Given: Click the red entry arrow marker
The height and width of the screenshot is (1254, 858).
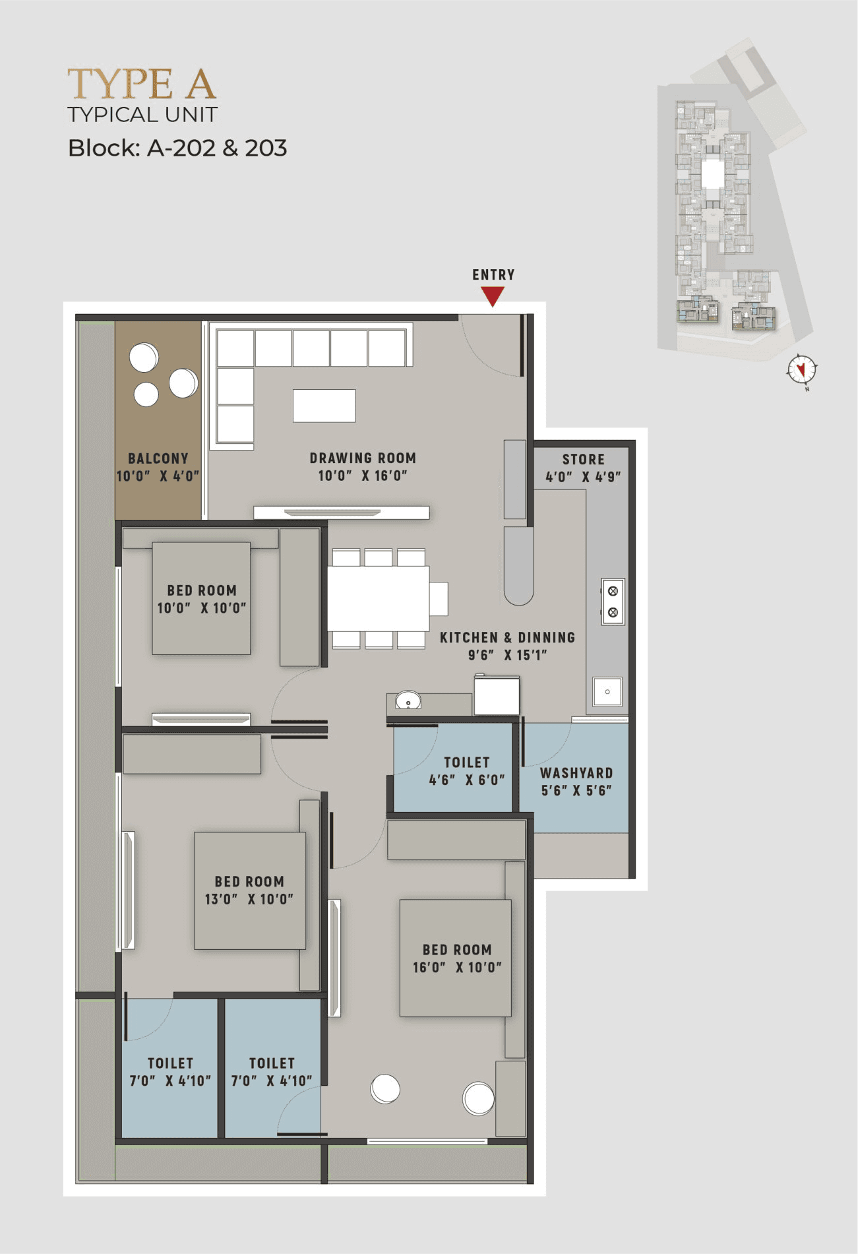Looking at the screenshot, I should pos(493,296).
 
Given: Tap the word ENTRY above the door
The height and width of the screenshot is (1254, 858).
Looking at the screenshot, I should pos(493,274).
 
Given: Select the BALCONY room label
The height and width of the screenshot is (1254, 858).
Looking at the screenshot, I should pos(158,458).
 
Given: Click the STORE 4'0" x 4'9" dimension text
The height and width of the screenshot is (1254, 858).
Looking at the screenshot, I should pos(583,476).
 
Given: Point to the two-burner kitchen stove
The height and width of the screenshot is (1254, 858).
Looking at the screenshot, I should pos(613,602).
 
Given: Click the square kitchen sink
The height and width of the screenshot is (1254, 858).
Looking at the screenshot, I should pos(607,692).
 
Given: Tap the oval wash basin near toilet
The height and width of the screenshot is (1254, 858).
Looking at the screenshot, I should pos(408,701).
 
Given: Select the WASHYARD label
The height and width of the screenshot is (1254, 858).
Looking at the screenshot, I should pos(576,773).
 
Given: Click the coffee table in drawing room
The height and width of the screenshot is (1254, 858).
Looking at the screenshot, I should pos(324,406).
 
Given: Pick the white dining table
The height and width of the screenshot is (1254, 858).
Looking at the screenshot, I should pos(379,599).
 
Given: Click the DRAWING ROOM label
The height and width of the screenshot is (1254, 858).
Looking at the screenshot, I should pos(363,458).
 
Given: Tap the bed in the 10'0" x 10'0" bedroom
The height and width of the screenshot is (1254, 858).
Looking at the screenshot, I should pos(201,598).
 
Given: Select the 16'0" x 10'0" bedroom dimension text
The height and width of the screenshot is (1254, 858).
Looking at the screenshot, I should pos(457,967).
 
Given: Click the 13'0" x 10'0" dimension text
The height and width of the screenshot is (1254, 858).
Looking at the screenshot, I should pos(249,898).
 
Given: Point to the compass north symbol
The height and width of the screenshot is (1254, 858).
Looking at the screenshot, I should pos(802,369).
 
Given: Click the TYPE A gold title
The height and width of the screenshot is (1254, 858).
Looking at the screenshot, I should pos(142,84).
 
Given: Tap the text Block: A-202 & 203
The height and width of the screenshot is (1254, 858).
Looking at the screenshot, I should pos(177,148).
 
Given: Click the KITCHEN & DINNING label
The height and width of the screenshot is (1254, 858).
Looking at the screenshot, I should pos(507,638).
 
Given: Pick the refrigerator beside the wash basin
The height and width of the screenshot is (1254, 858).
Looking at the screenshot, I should pos(497,695).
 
